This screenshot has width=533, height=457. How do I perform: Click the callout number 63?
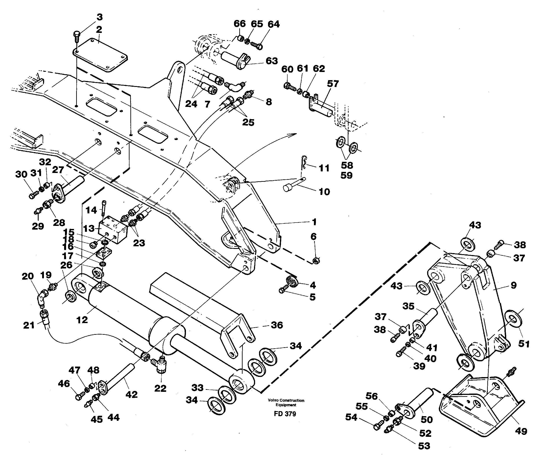272,61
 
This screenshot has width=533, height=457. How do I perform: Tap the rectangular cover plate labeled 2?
100,55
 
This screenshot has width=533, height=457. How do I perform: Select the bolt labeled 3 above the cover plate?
77,35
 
